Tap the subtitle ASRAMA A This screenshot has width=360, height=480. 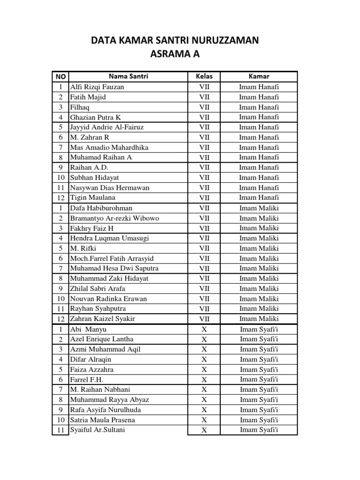pos(174,54)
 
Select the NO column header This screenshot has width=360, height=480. pos(60,76)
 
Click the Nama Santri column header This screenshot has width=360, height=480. pos(128,76)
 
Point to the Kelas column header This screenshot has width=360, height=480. pos(204,76)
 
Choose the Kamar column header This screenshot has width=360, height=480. pos(259,76)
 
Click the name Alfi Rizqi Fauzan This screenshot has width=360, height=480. pos(97,87)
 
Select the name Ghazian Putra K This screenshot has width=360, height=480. pos(96,117)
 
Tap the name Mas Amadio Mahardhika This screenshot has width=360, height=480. pos(109,147)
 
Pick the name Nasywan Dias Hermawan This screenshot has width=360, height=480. pos(110,187)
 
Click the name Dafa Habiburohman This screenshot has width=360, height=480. pos(101,208)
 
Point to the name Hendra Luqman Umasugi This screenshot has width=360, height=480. pos(109,238)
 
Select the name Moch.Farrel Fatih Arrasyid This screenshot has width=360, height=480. pos(112,258)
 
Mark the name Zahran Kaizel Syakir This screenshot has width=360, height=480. pos(102,319)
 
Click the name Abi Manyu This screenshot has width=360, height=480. pos(88,329)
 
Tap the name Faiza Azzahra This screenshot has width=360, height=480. pos(92,369)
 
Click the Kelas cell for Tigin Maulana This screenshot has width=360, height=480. pos(204,198)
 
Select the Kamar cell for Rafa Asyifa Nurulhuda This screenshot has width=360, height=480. pos(259,410)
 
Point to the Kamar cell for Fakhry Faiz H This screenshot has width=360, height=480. pos(259,228)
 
